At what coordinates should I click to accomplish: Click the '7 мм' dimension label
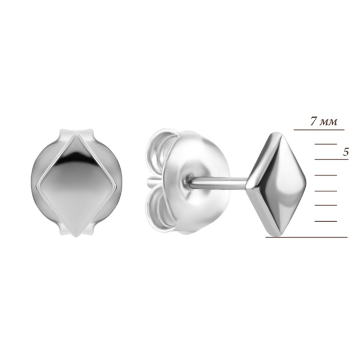click(323, 121)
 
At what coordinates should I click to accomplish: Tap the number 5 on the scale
click(346, 152)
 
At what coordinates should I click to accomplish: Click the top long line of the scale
click(319, 130)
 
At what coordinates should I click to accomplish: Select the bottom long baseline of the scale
click(307, 237)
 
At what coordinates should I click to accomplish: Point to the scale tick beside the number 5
click(332, 159)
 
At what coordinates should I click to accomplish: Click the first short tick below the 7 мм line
click(326, 144)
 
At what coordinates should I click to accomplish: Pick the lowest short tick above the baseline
click(326, 221)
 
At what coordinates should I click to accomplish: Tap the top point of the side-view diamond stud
click(277, 133)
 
